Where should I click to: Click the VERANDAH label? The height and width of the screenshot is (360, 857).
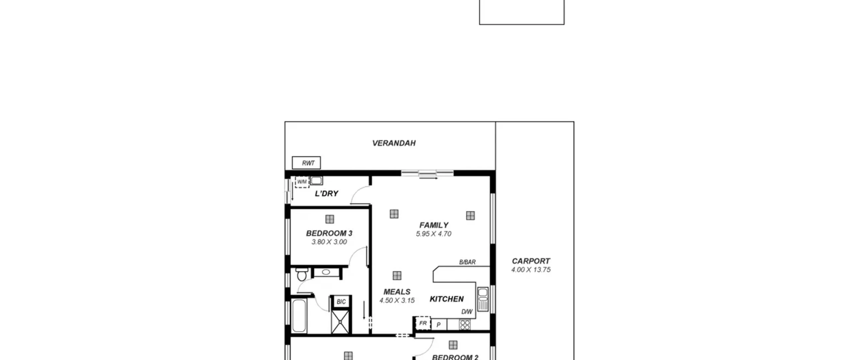point(394,143)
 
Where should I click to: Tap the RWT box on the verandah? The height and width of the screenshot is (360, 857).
point(306,163)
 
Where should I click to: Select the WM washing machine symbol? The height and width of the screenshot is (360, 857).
point(302,182)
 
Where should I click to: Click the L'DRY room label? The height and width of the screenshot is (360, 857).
point(326,194)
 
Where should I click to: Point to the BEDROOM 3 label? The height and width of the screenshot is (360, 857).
point(329,233)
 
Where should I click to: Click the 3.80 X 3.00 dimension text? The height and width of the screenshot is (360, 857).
point(329,242)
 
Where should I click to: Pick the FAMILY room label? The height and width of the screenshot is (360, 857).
point(434,225)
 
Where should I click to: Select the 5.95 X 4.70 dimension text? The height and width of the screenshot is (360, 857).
point(434,234)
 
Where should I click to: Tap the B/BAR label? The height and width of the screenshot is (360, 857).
point(467,262)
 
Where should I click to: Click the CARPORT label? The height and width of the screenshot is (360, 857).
point(531,261)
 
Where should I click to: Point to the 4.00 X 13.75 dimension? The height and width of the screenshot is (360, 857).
point(531,270)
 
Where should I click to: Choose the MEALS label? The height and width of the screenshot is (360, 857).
point(397,292)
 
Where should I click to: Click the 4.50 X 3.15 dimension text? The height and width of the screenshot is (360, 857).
point(397,300)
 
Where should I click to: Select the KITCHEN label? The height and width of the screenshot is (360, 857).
point(447,299)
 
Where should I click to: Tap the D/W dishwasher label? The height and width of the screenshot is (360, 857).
point(467,312)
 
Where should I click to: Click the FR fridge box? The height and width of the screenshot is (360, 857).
point(423,323)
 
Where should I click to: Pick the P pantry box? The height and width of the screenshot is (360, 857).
point(439,325)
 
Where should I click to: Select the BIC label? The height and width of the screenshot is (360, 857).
point(341,302)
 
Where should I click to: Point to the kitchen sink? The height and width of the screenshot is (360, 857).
point(482,299)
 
